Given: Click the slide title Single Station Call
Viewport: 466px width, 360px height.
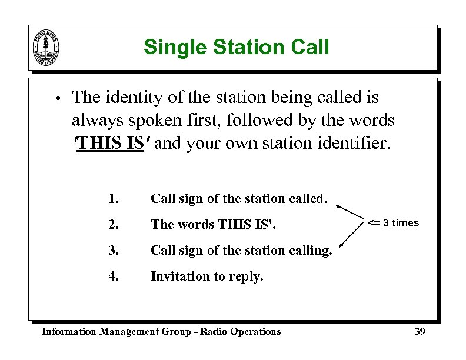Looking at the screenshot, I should coord(236,47).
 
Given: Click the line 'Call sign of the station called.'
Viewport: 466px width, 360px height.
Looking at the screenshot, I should coord(238,199).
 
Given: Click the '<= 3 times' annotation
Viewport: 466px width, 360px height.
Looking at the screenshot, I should coord(394,223).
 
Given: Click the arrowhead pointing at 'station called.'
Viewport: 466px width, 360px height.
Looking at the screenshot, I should coord(339,205).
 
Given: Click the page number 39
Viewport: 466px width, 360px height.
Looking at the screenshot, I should coord(420,332).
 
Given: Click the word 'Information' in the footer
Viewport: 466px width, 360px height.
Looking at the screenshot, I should coord(68,332).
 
